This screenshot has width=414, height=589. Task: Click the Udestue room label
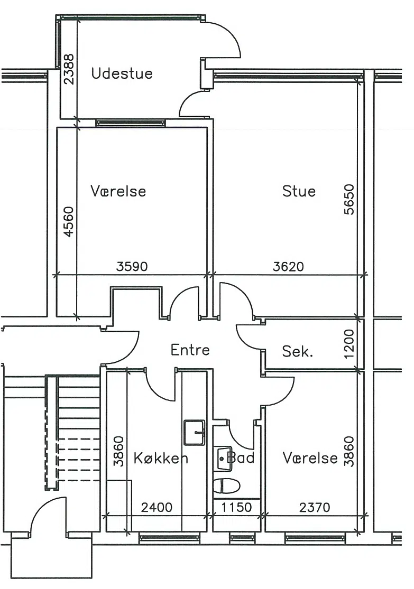coord(122,73)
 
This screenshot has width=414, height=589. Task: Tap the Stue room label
coord(299,191)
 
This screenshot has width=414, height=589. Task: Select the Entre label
coord(190,350)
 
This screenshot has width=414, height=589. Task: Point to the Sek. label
coord(298,352)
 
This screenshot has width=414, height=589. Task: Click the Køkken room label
coord(161,459)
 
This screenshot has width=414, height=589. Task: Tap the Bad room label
coord(241,458)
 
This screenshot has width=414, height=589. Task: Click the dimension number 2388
coord(69,70)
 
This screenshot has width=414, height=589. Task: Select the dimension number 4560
coord(69,222)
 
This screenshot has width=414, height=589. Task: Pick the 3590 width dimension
coord(132,267)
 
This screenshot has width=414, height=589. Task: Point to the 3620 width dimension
coord(288,267)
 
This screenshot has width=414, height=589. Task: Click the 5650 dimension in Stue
coord(349,200)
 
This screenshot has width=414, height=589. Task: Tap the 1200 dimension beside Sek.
coord(349,344)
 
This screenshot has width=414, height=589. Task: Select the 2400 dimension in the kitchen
coord(157,508)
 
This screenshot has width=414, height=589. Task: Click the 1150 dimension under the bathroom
coord(236,508)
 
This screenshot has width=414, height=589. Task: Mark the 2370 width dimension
coord(315,508)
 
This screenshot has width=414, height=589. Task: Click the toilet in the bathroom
coord(227,486)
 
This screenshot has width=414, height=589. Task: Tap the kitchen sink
coord(195,433)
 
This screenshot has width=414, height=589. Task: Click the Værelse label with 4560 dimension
coord(118,191)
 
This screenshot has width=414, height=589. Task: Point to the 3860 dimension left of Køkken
coord(119,451)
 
